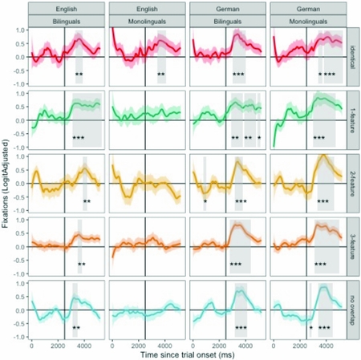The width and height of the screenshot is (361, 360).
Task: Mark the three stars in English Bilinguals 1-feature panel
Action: (x=79, y=139)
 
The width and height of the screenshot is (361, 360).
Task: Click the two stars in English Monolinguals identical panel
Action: (x=161, y=75)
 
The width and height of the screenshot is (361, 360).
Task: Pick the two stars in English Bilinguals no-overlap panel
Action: (x=76, y=328)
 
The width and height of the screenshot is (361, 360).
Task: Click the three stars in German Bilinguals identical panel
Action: (x=238, y=75)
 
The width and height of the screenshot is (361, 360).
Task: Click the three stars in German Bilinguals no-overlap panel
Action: (x=241, y=328)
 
